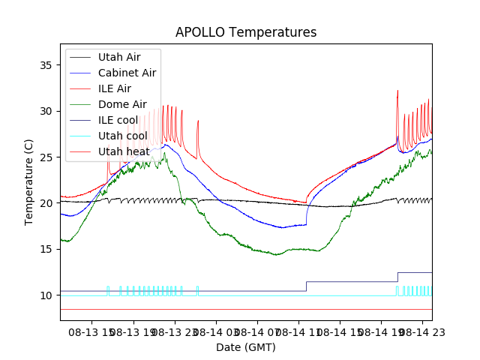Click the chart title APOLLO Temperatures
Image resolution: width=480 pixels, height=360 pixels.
tap(246, 33)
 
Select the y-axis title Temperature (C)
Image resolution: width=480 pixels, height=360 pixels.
tap(29, 181)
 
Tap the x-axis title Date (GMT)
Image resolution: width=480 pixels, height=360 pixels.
tap(246, 347)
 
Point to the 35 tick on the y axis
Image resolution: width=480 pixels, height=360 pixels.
tap(49, 65)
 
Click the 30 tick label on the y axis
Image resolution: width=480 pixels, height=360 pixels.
tap(49, 111)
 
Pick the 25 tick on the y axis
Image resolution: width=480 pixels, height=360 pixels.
tap(49, 157)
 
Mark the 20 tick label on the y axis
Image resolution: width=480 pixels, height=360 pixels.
tap(49, 203)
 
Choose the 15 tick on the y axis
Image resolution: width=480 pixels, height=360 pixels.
tap(49, 249)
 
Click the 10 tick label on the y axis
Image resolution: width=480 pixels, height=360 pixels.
tap(49, 295)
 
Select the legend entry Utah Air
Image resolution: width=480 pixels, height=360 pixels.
tap(118, 57)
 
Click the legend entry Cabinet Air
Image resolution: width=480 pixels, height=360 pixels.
tap(127, 73)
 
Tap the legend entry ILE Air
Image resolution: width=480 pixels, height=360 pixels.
tap(115, 88)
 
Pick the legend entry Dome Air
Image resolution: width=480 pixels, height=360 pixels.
tap(122, 104)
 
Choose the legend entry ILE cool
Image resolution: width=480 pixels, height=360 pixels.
tap(118, 120)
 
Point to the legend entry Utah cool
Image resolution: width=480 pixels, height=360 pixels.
tap(122, 136)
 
